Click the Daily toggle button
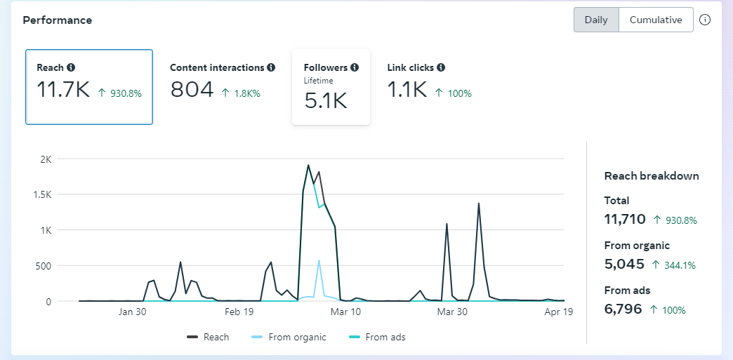coord(596,20)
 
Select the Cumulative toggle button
coord(656,20)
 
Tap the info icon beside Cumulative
coord(706,20)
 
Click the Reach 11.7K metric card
coord(89,87)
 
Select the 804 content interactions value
coord(192,89)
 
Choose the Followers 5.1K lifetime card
coord(331,87)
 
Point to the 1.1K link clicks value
coord(407,89)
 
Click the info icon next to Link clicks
coord(441,67)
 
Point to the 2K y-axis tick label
coord(46,159)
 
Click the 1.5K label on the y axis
coord(42,194)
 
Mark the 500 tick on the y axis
coord(44,266)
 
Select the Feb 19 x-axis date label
coord(239,312)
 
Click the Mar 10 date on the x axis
coord(346,312)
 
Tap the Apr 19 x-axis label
coord(560,312)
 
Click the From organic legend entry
coord(289,337)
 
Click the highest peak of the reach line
coord(308,166)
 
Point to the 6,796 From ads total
coord(623,308)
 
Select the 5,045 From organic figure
coord(624,264)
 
